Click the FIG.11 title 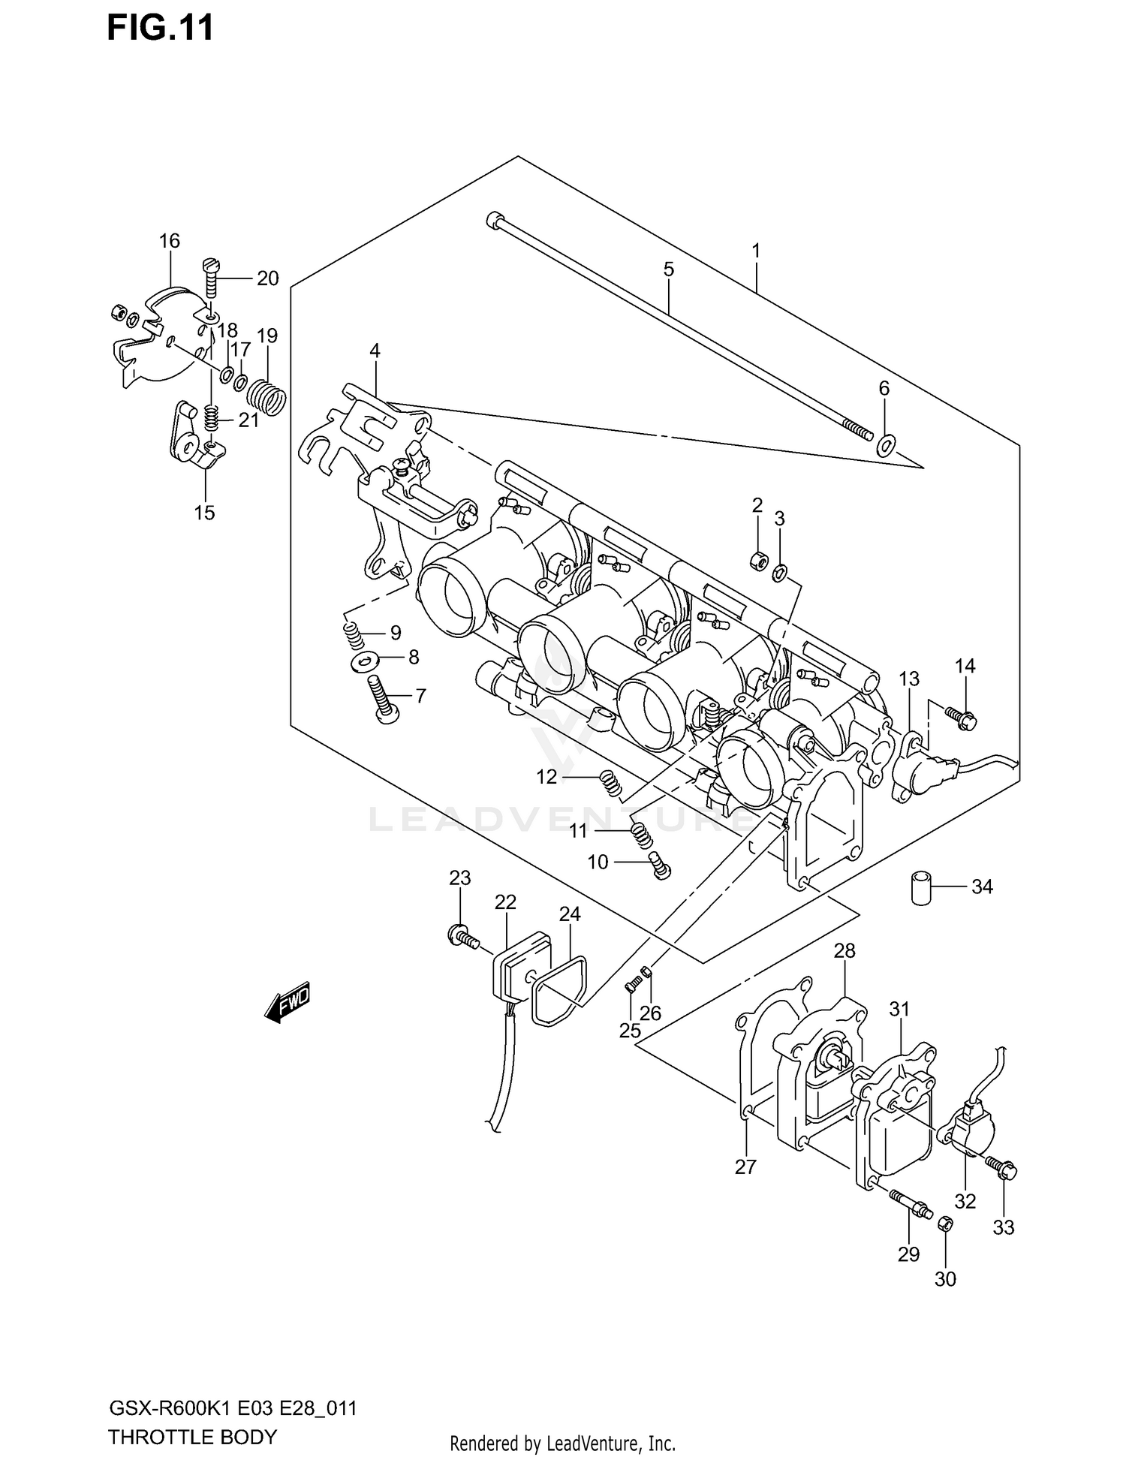[161, 28]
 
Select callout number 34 [982, 887]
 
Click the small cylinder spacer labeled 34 [920, 887]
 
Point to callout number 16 [170, 241]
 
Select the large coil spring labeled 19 [267, 396]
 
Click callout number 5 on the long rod [669, 269]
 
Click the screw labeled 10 [660, 865]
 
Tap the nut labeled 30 [946, 1224]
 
